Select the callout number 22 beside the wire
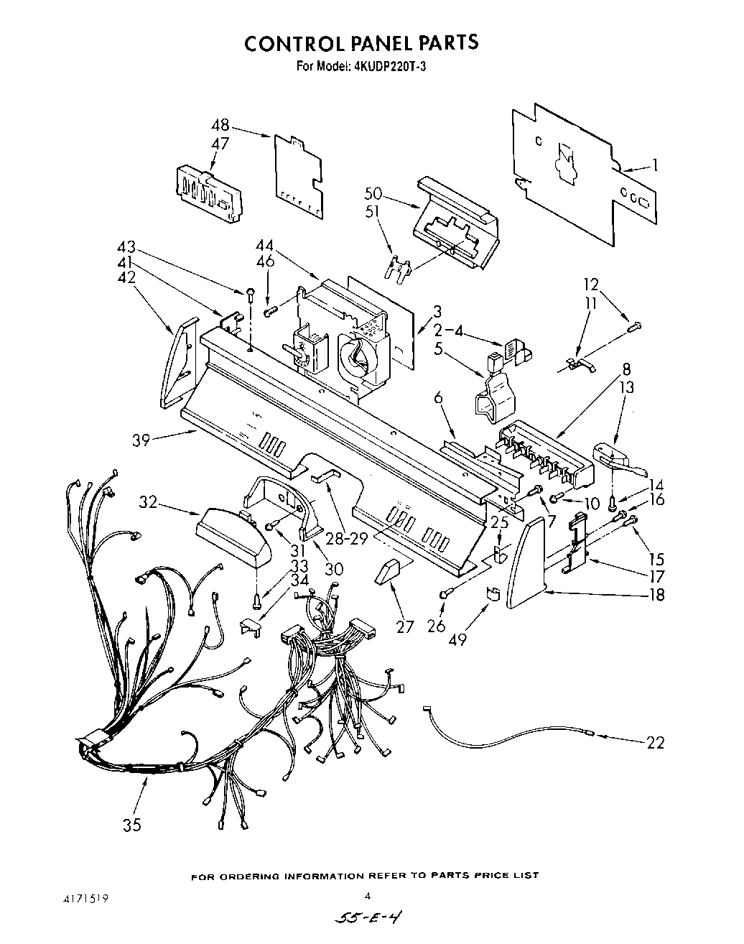[x=654, y=742]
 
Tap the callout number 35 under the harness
[x=131, y=825]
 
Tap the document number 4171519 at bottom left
[x=84, y=898]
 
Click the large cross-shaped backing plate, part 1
[x=575, y=172]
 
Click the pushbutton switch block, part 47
[x=207, y=193]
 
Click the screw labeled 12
[x=634, y=328]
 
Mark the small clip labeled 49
[x=493, y=593]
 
